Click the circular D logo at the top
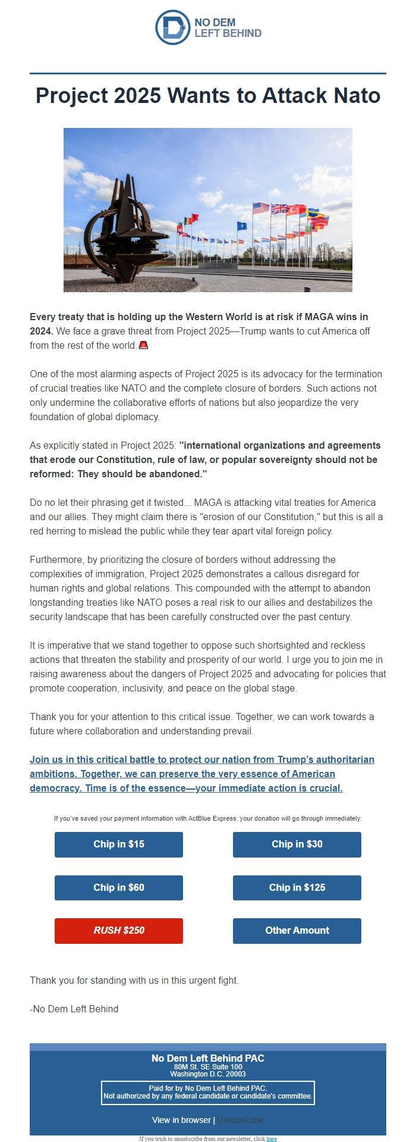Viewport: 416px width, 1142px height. coord(172,27)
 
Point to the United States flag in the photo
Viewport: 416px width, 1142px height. coord(260,208)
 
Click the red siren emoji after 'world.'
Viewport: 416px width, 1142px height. coord(143,345)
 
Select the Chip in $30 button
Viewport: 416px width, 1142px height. coord(297,844)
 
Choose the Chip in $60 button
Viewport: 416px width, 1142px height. coord(119,887)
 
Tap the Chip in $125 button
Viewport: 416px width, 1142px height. coord(297,887)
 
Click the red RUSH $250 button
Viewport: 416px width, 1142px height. coord(119,930)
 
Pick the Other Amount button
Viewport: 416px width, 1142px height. coord(297,930)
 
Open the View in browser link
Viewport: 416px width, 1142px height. coord(181,1120)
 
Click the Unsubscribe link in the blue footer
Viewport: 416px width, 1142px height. coord(240,1120)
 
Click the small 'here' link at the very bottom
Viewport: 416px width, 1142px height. coord(272,1138)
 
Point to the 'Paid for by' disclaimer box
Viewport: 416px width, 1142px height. coord(207,1092)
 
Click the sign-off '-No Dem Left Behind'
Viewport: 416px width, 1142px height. coord(74,1009)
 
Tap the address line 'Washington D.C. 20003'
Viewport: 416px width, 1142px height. coord(207,1074)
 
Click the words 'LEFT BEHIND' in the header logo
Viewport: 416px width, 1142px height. coord(228,33)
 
